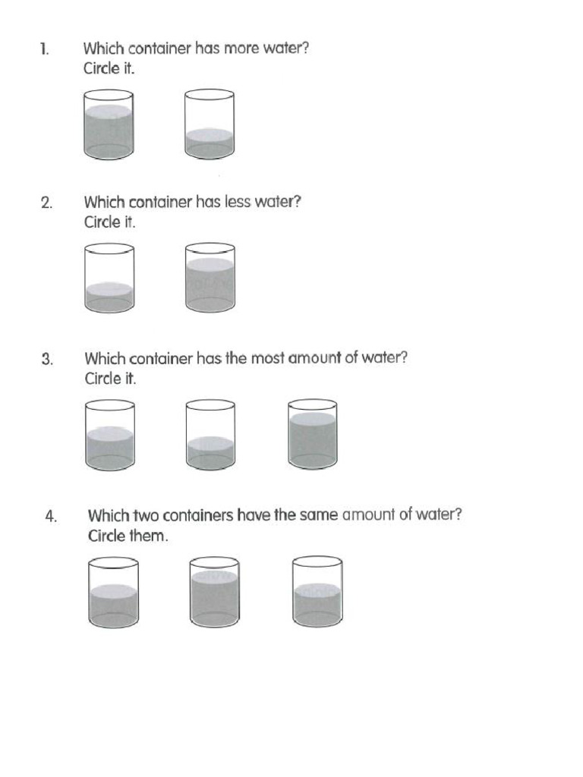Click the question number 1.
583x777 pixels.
(45, 49)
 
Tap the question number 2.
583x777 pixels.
(46, 203)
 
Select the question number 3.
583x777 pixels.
(47, 359)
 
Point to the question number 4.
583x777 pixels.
(51, 517)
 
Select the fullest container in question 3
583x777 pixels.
(312, 434)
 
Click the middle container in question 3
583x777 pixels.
(210, 434)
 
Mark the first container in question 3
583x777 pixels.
(110, 434)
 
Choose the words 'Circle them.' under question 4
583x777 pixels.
(128, 536)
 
